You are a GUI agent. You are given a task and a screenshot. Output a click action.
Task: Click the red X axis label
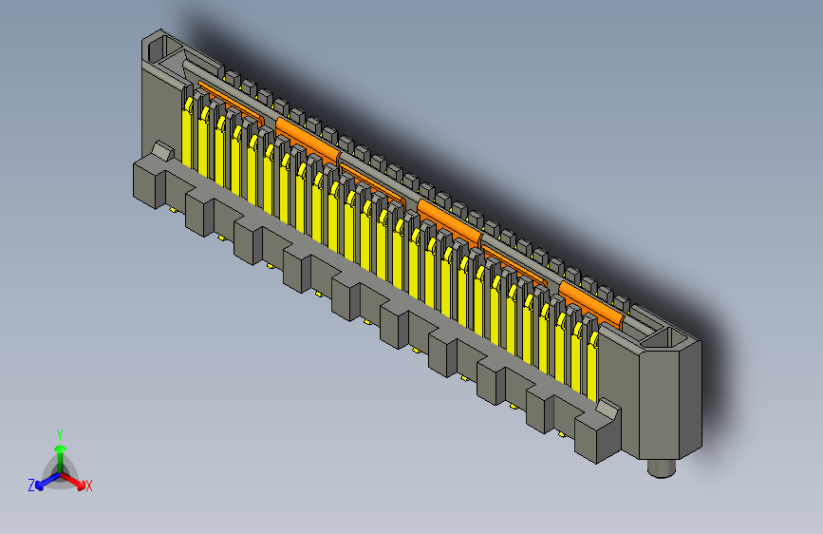(x=88, y=486)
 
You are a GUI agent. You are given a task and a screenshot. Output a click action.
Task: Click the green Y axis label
(x=59, y=433)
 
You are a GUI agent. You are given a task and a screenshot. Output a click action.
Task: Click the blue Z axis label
(x=31, y=485)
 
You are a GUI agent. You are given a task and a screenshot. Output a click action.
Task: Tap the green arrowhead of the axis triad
(x=59, y=448)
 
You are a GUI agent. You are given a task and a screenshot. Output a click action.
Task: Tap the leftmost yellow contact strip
(x=188, y=133)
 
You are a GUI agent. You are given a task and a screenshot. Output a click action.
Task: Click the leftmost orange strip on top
(x=228, y=102)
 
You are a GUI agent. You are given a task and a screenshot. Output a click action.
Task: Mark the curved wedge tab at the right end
(x=606, y=412)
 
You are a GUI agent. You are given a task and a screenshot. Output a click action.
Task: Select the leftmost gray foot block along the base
(x=148, y=183)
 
